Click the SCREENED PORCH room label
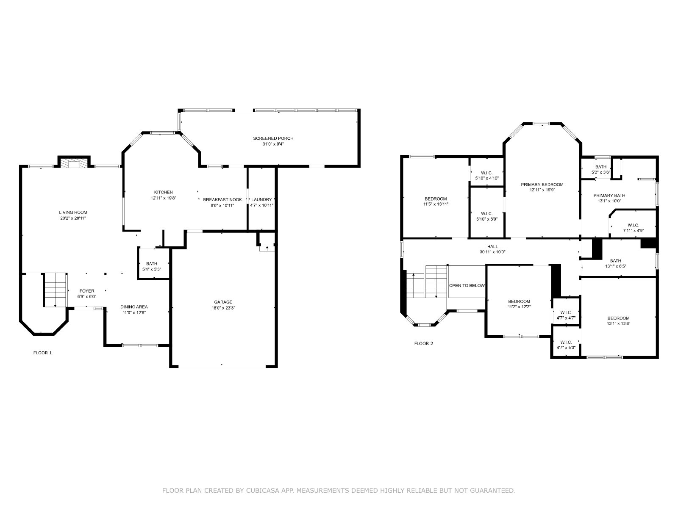pos(273,138)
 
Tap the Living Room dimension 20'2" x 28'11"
pos(73,218)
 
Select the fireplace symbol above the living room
pos(74,163)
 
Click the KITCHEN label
pos(164,193)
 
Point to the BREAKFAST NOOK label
pos(222,200)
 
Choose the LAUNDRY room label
pos(261,199)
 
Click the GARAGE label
pos(223,302)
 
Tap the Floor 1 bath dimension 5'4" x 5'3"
pos(152,269)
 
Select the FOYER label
pos(87,291)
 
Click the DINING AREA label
pos(134,307)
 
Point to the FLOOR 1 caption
pos(43,353)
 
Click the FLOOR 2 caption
pos(423,344)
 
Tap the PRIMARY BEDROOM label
pos(542,185)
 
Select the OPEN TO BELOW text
pos(467,286)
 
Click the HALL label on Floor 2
pos(492,247)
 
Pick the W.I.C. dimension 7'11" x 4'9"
pos(633,231)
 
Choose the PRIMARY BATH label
pos(609,196)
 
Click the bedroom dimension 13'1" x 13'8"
pos(618,324)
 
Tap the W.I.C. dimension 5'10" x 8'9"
pos(487,219)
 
